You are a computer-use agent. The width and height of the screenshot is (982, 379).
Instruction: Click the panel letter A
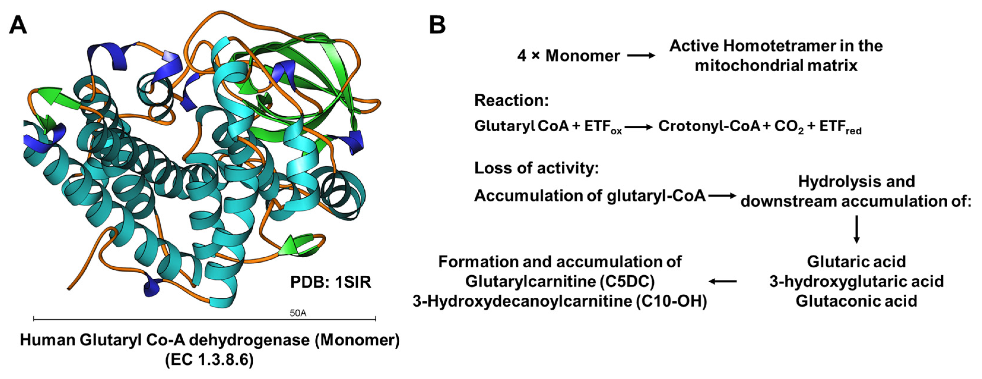[x=18, y=26]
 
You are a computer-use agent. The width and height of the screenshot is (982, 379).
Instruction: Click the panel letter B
[x=437, y=26]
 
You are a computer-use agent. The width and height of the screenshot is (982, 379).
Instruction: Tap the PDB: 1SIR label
[x=330, y=282]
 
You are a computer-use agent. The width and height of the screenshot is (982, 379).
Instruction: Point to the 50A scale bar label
[x=298, y=313]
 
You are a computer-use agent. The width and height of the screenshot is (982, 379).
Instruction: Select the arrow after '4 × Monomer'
[x=641, y=56]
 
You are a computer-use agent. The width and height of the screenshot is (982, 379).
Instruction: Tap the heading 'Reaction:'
[x=511, y=100]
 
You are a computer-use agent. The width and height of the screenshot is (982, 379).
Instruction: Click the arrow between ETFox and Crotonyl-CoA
[x=638, y=127]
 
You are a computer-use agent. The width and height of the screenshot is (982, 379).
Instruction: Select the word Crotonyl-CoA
[x=709, y=126]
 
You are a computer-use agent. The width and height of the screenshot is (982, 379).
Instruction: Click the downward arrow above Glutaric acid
[x=857, y=229]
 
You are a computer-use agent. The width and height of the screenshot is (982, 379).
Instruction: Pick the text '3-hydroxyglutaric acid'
[x=857, y=281]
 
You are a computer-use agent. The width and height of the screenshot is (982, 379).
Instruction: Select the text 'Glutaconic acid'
[x=857, y=301]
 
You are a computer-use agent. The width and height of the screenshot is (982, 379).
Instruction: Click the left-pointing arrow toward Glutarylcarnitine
[x=723, y=281]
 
